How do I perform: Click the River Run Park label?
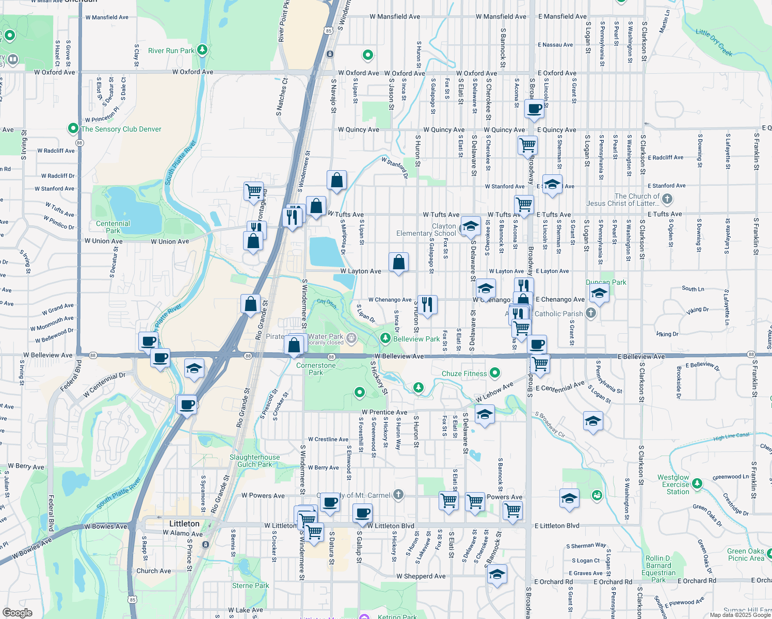(x=171, y=51)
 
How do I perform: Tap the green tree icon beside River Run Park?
(x=203, y=50)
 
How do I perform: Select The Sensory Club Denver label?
(x=121, y=129)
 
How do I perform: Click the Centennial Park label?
(x=113, y=227)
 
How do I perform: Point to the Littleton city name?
(x=184, y=524)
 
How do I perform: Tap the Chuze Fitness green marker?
(x=495, y=372)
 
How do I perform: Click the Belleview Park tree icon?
(x=385, y=338)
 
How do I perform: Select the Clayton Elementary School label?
(x=426, y=230)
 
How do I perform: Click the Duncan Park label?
(x=606, y=282)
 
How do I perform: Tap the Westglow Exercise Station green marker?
(x=697, y=483)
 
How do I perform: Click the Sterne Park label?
(x=251, y=585)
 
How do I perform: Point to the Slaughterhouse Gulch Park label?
(x=254, y=461)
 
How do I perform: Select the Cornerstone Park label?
(x=316, y=369)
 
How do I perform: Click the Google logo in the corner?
(x=18, y=612)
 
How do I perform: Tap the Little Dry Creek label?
(x=714, y=42)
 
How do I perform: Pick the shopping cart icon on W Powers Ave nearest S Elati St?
(x=448, y=499)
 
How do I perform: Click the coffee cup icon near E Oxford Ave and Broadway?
(x=535, y=108)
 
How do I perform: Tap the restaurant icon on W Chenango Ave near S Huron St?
(x=427, y=304)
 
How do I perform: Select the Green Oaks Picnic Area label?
(x=746, y=555)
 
